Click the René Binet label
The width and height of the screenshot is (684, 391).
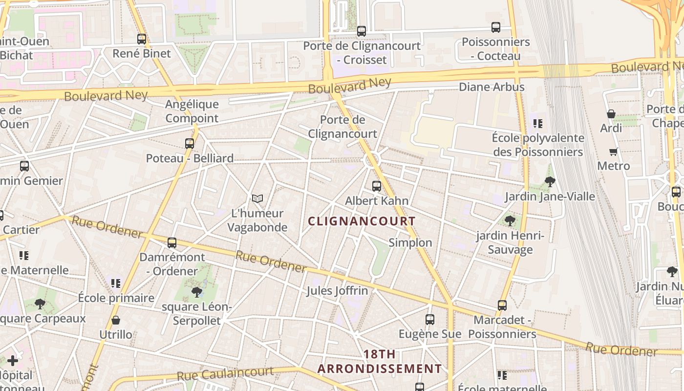142,53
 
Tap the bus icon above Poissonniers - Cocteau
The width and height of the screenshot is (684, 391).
496,27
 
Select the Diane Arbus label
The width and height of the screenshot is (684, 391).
492,87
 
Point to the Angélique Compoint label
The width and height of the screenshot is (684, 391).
192,111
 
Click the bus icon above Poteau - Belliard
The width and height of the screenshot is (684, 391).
190,143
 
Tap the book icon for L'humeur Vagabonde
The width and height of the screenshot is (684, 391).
257,198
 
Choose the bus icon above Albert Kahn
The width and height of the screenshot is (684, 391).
376,186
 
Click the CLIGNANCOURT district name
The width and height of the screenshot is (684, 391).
362,221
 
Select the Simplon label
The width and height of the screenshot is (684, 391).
410,242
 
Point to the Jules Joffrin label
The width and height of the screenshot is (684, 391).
337,291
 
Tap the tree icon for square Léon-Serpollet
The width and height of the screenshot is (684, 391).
197,292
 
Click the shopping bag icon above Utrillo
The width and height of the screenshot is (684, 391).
116,320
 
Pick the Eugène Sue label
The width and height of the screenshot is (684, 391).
430,334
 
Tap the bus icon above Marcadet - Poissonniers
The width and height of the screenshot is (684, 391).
502,305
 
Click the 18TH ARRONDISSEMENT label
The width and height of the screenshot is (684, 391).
380,361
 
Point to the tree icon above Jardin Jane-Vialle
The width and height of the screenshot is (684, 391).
550,182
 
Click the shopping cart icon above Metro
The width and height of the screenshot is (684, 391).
614,152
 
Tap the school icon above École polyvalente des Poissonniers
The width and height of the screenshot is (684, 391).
538,123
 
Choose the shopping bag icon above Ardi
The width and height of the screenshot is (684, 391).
611,114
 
